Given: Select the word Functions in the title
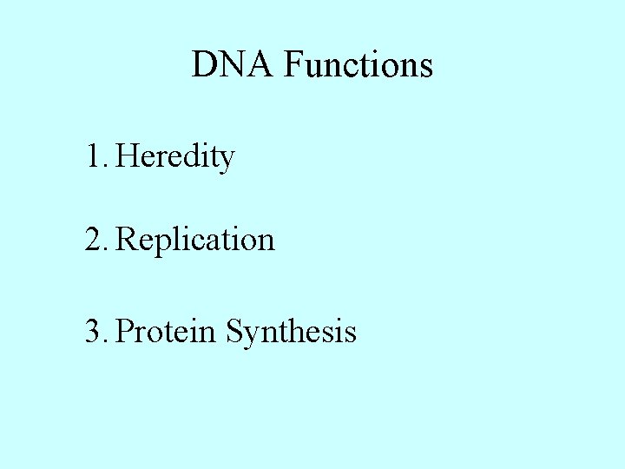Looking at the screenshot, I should [x=358, y=65].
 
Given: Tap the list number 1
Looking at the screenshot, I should [x=94, y=157].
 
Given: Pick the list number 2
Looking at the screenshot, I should [x=94, y=239].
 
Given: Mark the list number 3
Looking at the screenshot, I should [x=94, y=331].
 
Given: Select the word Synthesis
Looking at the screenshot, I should [x=291, y=332].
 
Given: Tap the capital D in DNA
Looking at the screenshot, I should [x=204, y=65].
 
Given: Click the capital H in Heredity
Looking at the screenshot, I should [x=127, y=157].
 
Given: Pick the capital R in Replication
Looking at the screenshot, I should [x=127, y=239].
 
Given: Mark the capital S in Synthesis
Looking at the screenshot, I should [x=234, y=331].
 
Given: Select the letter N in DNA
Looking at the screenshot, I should [x=231, y=65].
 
